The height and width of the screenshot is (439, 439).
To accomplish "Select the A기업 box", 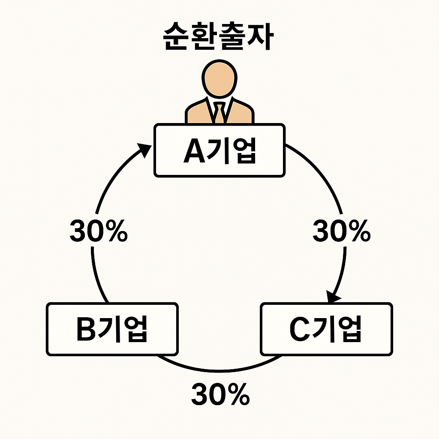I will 219,150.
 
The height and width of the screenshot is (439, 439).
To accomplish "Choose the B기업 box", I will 112,329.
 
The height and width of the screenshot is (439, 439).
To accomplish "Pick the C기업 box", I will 326,329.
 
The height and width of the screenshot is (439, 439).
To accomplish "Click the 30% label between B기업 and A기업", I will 99,232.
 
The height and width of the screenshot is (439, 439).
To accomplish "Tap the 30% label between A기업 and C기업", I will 342,232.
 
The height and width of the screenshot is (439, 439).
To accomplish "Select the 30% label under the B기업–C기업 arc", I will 220,394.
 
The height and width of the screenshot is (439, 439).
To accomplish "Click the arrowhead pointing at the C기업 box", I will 333,297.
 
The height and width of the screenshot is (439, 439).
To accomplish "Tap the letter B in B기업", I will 87,330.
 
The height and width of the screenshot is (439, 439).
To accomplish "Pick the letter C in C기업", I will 300,330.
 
